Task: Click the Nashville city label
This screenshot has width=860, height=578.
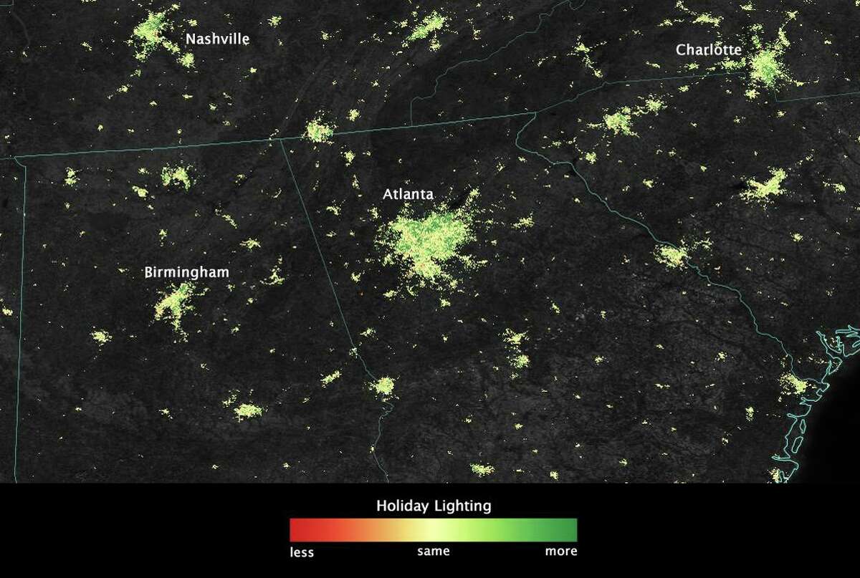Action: pyautogui.click(x=217, y=39)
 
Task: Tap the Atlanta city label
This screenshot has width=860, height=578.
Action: pyautogui.click(x=408, y=194)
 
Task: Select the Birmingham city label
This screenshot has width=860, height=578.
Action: pyautogui.click(x=186, y=273)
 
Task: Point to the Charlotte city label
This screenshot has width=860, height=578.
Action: pyautogui.click(x=708, y=50)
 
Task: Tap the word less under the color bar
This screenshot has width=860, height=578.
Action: pyautogui.click(x=302, y=551)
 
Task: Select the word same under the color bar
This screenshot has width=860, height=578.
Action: pyautogui.click(x=433, y=551)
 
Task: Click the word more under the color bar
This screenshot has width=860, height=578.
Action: pyautogui.click(x=561, y=551)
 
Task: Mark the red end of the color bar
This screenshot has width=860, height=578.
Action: pyautogui.click(x=294, y=530)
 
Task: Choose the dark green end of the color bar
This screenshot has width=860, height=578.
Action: pyautogui.click(x=572, y=530)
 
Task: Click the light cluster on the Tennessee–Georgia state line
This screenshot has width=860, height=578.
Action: pyautogui.click(x=318, y=132)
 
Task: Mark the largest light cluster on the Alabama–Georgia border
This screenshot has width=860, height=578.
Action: pyautogui.click(x=385, y=387)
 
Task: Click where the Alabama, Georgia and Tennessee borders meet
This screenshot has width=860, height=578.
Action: pyautogui.click(x=280, y=138)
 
